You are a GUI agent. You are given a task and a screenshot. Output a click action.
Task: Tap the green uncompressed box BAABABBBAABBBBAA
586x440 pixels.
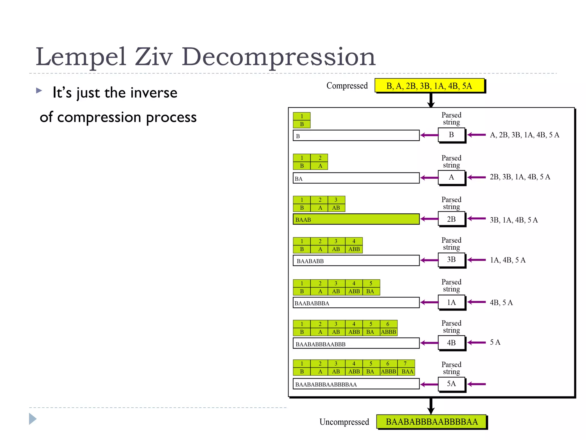click(x=431, y=422)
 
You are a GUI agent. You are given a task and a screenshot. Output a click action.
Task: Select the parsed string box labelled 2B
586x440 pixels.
click(x=451, y=219)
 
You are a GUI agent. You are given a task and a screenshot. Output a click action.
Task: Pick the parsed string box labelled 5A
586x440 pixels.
click(x=451, y=384)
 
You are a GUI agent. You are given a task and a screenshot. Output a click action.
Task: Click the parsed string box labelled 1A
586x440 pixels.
click(x=451, y=302)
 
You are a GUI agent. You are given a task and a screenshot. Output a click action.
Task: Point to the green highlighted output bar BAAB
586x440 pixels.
click(x=356, y=219)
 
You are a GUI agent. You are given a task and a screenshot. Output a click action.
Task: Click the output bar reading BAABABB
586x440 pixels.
click(x=356, y=261)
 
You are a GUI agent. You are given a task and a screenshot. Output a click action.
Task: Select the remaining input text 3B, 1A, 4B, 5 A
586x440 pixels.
click(x=514, y=220)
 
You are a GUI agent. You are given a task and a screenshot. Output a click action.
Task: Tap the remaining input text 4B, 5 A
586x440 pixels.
click(x=501, y=302)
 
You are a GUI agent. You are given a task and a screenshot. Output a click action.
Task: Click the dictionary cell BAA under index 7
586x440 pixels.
click(x=407, y=372)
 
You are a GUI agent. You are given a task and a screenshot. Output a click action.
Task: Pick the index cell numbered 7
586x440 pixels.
click(x=405, y=364)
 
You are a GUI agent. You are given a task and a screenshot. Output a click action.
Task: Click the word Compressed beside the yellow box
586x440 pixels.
click(x=347, y=86)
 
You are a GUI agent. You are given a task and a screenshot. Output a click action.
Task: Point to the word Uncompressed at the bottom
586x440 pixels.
click(x=344, y=422)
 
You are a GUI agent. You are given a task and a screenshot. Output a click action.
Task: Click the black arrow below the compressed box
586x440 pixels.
click(x=431, y=100)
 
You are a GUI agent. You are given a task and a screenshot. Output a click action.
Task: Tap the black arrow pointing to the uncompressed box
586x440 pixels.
click(x=431, y=406)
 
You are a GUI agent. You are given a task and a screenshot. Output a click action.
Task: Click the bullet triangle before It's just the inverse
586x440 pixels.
click(x=39, y=91)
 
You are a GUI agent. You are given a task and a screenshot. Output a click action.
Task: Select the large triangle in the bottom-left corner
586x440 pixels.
click(x=32, y=419)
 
